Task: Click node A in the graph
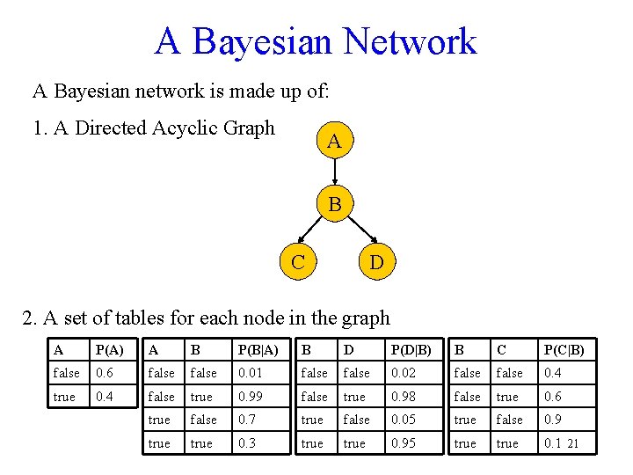(334, 141)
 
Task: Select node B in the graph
(334, 204)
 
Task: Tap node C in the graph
(298, 261)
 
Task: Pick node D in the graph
(375, 261)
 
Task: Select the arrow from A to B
(334, 172)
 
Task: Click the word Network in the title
(410, 41)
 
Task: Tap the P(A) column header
(109, 349)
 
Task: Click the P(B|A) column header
(258, 349)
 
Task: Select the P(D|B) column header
(410, 349)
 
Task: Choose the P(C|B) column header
(564, 349)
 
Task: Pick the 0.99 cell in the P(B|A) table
(250, 397)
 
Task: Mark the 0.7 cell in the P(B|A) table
(245, 420)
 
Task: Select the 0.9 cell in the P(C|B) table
(551, 420)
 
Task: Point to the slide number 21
(572, 444)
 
